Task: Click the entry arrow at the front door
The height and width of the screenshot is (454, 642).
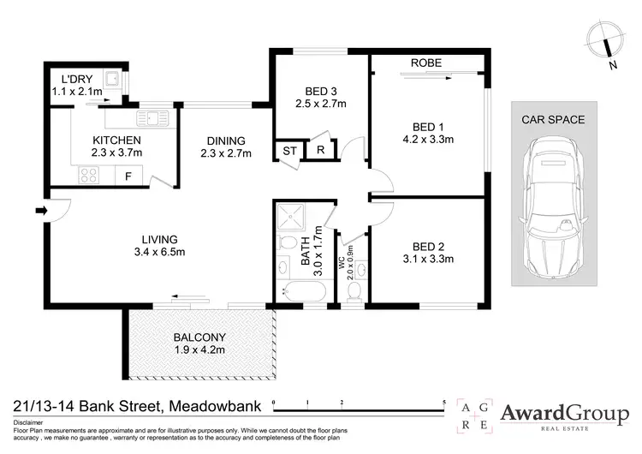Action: (40, 209)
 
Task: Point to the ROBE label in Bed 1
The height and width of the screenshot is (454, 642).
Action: (426, 63)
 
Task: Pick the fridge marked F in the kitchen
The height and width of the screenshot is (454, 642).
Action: (128, 176)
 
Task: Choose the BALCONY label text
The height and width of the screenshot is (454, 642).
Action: (199, 337)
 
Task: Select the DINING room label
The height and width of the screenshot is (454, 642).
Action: (225, 141)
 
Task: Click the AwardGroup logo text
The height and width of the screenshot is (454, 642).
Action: (563, 414)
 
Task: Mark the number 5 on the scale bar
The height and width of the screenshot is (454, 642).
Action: (444, 402)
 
